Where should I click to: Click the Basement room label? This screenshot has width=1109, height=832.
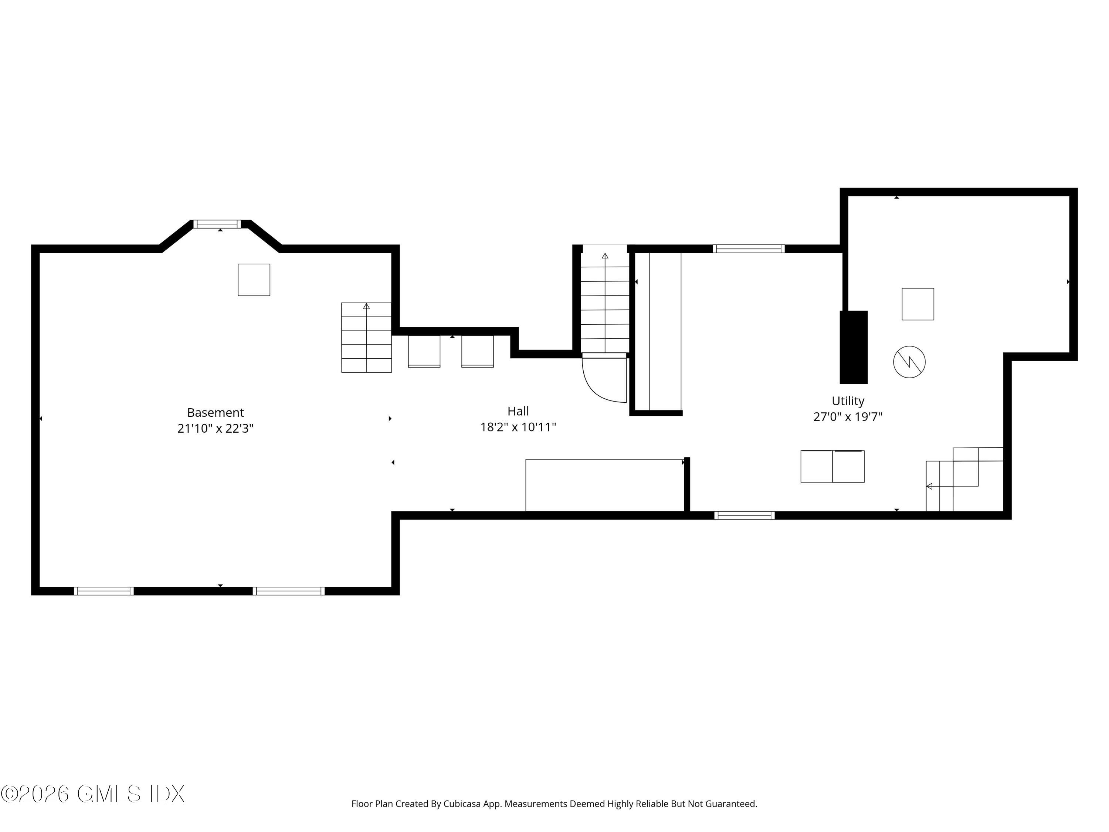[215, 412]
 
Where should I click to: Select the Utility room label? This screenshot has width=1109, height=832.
[848, 401]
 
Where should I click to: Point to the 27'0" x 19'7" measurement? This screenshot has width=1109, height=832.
[847, 417]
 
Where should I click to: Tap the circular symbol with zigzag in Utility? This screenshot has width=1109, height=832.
[909, 362]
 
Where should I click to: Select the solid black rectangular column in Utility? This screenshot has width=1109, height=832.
[853, 347]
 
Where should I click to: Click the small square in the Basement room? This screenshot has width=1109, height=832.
[254, 280]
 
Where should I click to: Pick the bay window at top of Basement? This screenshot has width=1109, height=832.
[217, 224]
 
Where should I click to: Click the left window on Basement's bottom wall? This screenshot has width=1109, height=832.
[104, 591]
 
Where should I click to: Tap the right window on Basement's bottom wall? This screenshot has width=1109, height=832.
[289, 591]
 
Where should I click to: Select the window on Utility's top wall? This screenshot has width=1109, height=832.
[749, 249]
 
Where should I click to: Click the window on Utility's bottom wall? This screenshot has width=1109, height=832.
[745, 515]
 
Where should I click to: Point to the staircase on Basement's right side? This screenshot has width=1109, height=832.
[366, 338]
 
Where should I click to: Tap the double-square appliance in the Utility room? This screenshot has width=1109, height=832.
[832, 466]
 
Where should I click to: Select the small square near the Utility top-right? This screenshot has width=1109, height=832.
[918, 304]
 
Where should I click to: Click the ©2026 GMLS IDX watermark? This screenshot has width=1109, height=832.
[93, 794]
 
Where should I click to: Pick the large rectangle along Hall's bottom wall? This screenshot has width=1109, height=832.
[605, 485]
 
